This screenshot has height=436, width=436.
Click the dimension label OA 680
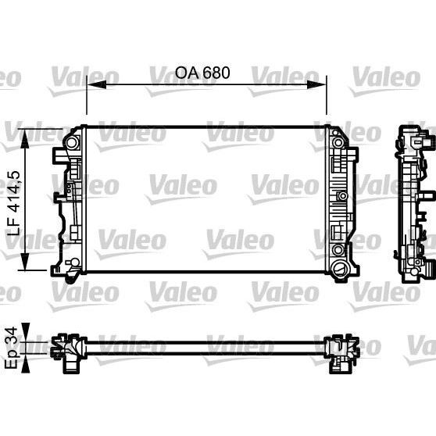coord(202,73)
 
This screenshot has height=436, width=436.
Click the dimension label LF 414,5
coord(14,203)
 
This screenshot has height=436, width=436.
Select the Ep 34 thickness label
coord(12,348)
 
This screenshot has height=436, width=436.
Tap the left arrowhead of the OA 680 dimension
coord(96,84)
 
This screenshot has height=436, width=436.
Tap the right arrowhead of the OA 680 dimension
coord(316,84)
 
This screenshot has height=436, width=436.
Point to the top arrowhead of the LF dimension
coord(25,138)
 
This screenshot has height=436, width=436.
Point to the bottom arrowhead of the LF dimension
coord(25,260)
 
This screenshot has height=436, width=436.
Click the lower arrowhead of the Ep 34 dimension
coord(25,363)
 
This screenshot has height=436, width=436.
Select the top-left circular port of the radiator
coord(71,143)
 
